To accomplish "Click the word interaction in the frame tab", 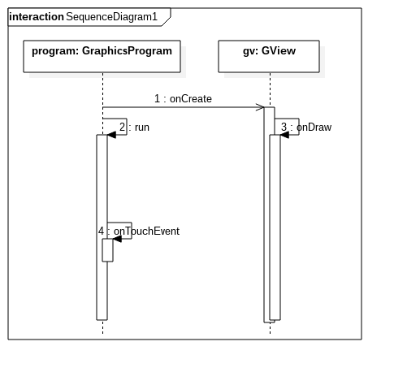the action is (x=37, y=17).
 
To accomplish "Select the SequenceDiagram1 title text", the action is (x=111, y=17).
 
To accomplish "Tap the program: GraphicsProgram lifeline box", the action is (x=102, y=56).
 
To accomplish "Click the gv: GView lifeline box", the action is (x=269, y=56).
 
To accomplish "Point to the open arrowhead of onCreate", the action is (x=260, y=107).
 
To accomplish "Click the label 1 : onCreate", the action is (x=183, y=99).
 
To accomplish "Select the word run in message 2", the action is (x=142, y=128).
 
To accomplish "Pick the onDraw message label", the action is (x=314, y=127).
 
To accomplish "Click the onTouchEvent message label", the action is (x=146, y=231).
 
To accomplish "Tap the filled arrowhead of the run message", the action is (x=111, y=135).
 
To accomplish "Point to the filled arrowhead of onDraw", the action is (x=284, y=135).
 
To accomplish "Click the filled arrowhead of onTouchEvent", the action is (x=117, y=239).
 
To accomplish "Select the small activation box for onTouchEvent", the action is (x=107, y=250).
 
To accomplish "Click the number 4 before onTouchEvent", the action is (x=101, y=231).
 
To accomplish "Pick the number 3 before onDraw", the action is (x=284, y=127).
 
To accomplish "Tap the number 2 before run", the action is (x=122, y=127).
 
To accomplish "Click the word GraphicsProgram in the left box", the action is (x=127, y=51).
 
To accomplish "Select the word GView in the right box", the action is (x=279, y=50).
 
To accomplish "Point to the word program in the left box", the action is (x=55, y=51).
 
